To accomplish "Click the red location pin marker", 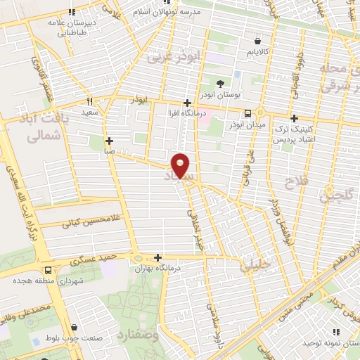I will [x=181, y=166].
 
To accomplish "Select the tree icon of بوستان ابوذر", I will [x=221, y=84].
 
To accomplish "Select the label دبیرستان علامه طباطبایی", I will [x=72, y=27].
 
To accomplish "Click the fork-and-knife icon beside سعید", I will [x=89, y=101].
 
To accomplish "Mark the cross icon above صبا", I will [x=109, y=141].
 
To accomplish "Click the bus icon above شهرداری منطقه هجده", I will [x=47, y=270].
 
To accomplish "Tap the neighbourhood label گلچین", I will [x=335, y=197].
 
